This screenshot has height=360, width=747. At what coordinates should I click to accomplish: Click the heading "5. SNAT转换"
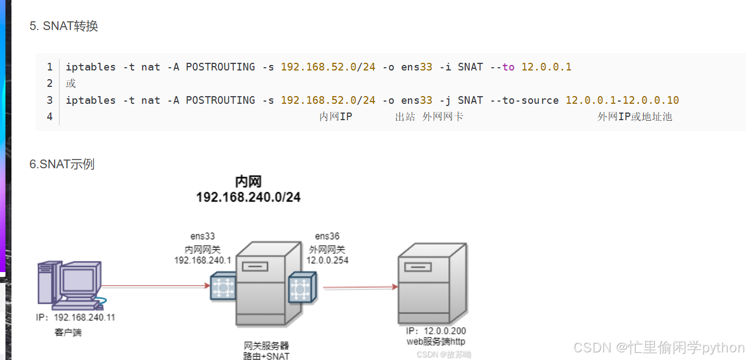pos(64,26)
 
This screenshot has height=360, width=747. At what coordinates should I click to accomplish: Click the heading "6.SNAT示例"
pos(62,164)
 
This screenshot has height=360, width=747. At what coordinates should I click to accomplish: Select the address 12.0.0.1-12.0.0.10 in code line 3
pos(622,100)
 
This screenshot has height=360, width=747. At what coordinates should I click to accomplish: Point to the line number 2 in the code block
pos(50,84)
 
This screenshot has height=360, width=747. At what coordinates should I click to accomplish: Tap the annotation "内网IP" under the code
pos(335,116)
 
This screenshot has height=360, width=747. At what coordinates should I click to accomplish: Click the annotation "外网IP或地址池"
pos(635,116)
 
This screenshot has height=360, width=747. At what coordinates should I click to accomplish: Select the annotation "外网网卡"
pos(443,116)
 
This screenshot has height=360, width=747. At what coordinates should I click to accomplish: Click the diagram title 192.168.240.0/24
pos(248,197)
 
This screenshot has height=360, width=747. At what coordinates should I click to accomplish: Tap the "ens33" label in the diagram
pos(203,237)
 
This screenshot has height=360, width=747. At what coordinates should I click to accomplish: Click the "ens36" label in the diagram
pos(327,237)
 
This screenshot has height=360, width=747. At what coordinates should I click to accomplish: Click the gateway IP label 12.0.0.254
pos(327,261)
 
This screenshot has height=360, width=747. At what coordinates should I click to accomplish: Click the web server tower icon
pos(431,284)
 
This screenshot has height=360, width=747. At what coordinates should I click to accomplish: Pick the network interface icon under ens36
pos(303,287)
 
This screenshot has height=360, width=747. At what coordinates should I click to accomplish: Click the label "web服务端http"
pos(436,341)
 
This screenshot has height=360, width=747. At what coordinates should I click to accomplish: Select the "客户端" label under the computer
pos(68,332)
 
